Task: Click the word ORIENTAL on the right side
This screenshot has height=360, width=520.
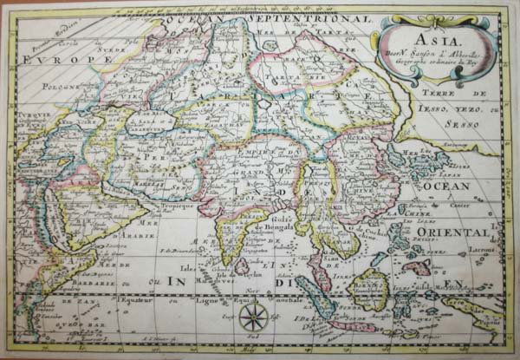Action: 466,233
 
